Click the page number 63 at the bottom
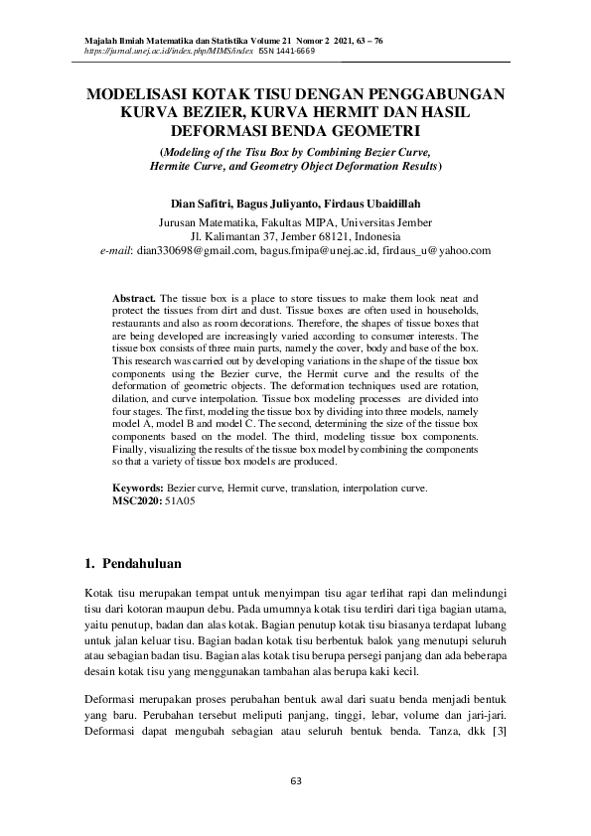pos(295,780)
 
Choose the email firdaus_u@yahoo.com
pos(437,251)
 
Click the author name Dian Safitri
pos(202,201)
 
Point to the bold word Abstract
pos(133,298)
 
